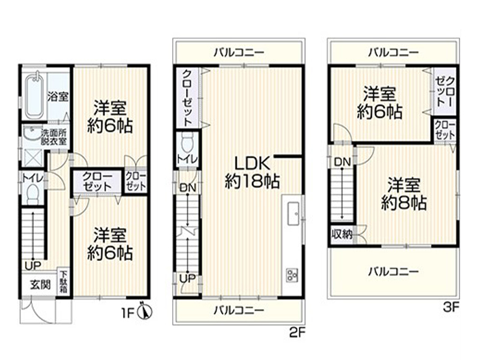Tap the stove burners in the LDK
tap(293, 274)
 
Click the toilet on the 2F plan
tap(185, 143)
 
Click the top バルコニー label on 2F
tap(239, 53)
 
